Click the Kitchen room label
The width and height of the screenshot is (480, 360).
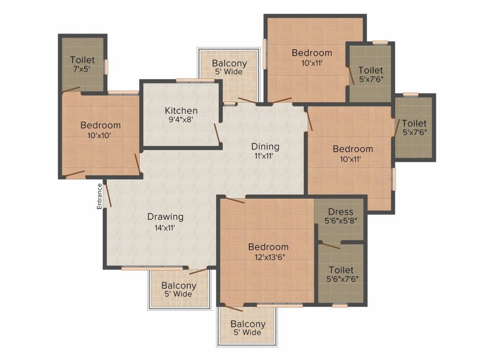pos(181,111)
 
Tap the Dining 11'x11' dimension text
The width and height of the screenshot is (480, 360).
pos(265,156)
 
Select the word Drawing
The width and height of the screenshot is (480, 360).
pos(165,217)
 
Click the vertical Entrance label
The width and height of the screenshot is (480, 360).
pos(99,196)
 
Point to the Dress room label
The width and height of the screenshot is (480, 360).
pos(340,212)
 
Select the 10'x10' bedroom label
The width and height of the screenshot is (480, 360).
pos(100,135)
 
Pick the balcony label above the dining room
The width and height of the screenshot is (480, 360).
pos(229,63)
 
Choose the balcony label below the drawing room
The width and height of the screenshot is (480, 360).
pos(179,285)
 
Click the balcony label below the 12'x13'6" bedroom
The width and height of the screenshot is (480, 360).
pos(247,324)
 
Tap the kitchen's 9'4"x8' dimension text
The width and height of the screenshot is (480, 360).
pos(181,120)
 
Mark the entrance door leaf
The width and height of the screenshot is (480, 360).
pos(108,194)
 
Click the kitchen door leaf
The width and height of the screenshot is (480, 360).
pos(217,133)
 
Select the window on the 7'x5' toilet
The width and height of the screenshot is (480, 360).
pos(106,66)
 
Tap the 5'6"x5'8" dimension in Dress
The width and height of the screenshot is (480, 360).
pos(340,221)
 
